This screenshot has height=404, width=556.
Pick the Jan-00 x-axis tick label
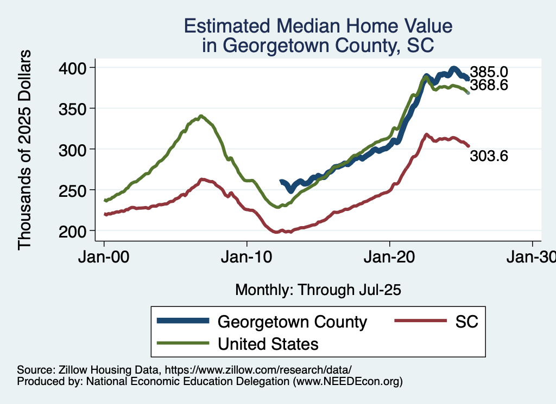[x=104, y=256]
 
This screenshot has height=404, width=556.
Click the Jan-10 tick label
[x=247, y=256]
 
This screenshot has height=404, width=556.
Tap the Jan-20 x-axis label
[x=390, y=256]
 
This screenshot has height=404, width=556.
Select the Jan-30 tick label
[x=532, y=256]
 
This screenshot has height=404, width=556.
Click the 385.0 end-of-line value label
[x=489, y=72]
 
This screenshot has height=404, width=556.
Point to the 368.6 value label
[x=489, y=85]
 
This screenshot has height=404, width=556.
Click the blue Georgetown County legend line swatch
[x=183, y=322]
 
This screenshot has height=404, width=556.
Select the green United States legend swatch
[x=183, y=343]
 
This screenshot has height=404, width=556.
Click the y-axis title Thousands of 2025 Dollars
[x=25, y=149]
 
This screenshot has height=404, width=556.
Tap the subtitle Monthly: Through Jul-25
[x=318, y=290]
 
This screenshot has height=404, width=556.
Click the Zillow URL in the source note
[x=258, y=370]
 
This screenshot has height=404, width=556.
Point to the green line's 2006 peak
[x=201, y=116]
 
